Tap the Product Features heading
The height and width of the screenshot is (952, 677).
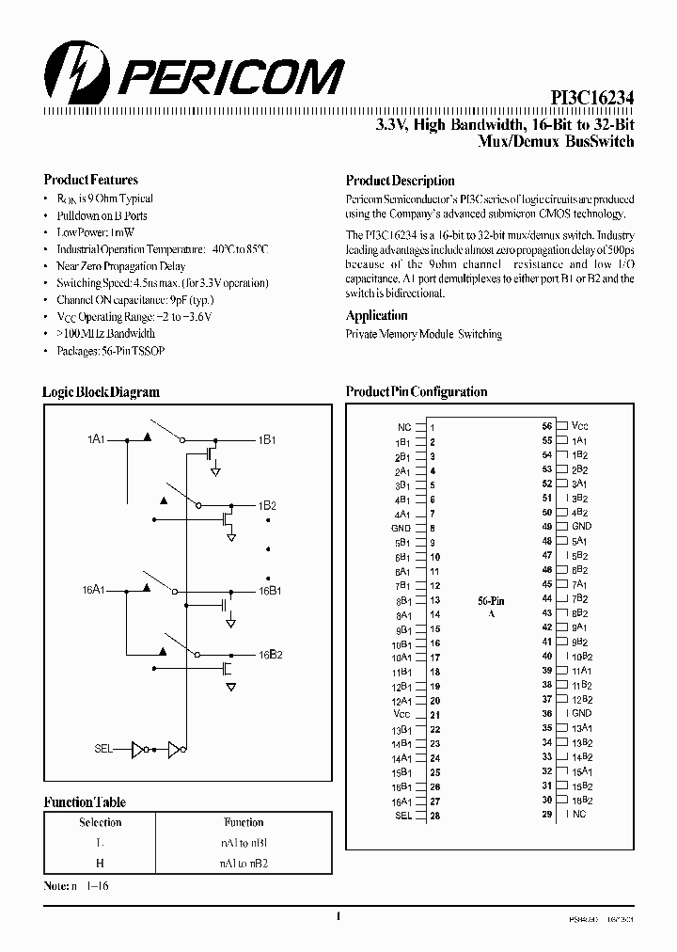(91, 180)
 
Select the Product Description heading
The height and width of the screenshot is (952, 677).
(400, 181)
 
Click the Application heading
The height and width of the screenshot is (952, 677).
(376, 316)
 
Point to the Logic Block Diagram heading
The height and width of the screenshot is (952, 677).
(101, 392)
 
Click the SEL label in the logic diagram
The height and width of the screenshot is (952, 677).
(103, 749)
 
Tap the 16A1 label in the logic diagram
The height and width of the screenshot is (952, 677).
(92, 589)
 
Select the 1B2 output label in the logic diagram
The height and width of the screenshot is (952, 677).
(267, 505)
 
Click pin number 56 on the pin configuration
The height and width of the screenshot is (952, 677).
(546, 426)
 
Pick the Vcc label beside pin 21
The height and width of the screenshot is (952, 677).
(401, 715)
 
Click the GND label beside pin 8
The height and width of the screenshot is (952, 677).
(400, 528)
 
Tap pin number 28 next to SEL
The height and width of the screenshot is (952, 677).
(434, 816)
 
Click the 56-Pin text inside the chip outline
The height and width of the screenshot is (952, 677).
(491, 599)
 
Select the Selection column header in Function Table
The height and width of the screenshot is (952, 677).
(101, 822)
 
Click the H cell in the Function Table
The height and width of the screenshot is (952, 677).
(101, 862)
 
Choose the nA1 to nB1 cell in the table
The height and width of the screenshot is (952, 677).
(244, 843)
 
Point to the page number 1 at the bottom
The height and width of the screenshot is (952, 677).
(338, 915)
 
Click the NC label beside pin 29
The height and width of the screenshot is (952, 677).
(578, 814)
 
